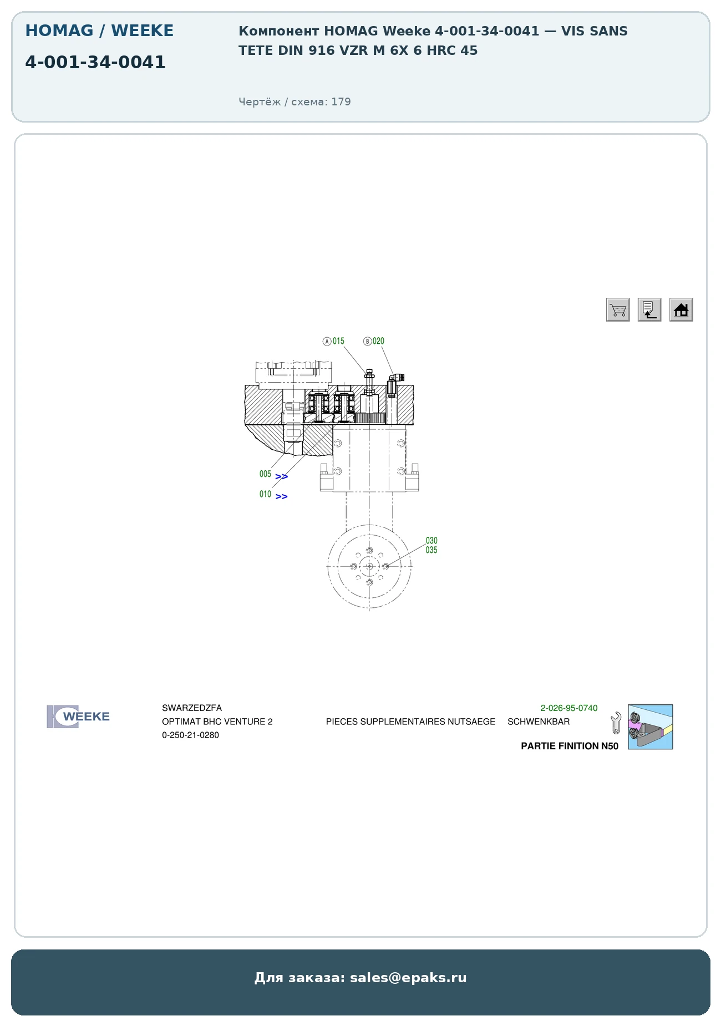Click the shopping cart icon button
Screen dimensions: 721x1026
point(618,309)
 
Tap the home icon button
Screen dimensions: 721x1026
point(681,309)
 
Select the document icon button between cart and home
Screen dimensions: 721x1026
point(649,309)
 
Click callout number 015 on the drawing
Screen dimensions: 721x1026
point(338,341)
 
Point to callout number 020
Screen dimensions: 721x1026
point(378,341)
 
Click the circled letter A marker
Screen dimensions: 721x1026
point(327,341)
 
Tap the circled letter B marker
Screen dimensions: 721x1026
point(367,341)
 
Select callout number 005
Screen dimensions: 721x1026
point(265,474)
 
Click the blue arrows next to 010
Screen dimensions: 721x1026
point(282,496)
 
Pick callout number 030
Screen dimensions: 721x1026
point(431,540)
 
